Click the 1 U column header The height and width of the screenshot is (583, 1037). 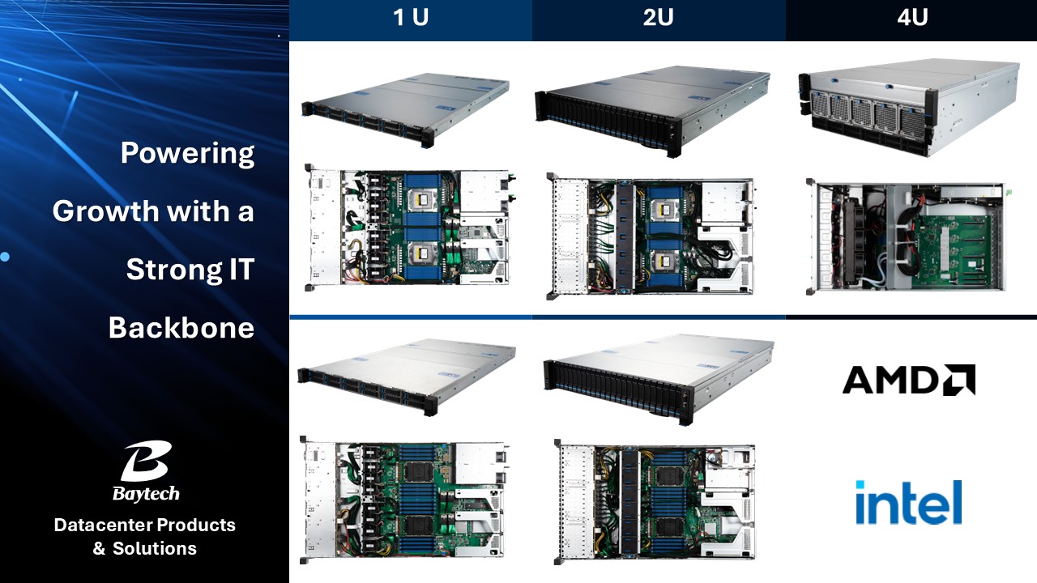[411, 18]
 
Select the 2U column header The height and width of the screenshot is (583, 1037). [658, 18]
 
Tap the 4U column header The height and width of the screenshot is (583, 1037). [912, 18]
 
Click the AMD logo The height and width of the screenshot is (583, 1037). [909, 380]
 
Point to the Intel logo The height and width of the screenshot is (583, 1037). [909, 502]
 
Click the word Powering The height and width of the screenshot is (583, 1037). [187, 154]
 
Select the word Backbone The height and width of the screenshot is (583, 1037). [181, 328]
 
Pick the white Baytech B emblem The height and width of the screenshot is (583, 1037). [146, 461]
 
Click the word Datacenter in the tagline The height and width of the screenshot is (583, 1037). [103, 526]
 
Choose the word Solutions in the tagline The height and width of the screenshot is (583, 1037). [155, 548]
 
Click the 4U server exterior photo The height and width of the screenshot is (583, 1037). [909, 108]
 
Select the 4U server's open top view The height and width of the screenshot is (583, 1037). [908, 236]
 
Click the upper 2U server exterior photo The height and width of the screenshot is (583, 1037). [653, 111]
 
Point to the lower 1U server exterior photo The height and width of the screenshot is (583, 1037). [407, 377]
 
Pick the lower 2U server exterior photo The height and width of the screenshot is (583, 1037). [659, 380]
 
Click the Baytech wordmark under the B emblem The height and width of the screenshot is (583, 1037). [146, 494]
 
